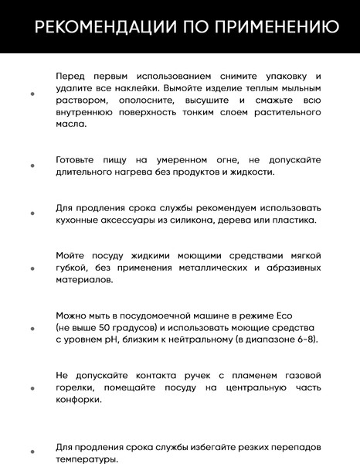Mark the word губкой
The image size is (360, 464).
71,268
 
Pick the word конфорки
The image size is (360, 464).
80,400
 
